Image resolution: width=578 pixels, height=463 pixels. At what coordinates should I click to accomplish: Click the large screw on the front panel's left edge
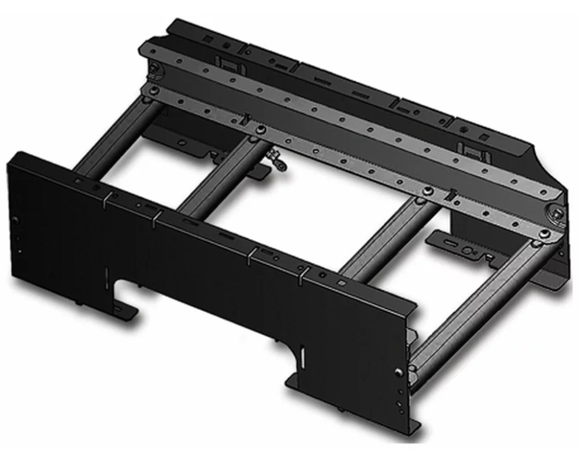[16, 220]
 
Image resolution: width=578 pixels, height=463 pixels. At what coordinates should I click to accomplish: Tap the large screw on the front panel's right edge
[398, 372]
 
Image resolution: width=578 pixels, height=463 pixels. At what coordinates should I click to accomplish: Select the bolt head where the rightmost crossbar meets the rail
[543, 233]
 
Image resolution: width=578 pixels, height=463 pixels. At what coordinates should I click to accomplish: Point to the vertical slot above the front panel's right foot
[301, 354]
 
